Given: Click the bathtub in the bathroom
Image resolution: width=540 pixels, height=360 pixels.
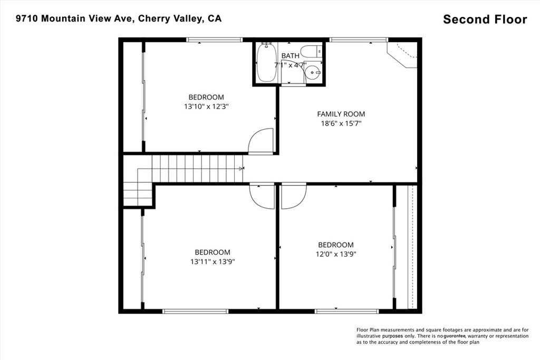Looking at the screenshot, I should [x=266, y=63].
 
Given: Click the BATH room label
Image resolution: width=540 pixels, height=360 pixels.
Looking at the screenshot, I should [x=290, y=56].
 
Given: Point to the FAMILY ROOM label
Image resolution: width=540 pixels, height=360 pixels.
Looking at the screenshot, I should [x=341, y=114].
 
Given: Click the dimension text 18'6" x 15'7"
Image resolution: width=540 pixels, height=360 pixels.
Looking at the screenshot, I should [x=341, y=123].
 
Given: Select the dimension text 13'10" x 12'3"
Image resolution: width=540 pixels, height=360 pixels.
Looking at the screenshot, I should [x=206, y=106].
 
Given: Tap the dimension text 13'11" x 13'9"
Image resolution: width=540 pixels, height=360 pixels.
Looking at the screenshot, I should [x=213, y=261].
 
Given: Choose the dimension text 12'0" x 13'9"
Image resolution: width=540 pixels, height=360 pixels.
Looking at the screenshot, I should [x=335, y=254].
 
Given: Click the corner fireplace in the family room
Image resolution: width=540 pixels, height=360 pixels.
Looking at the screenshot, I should [x=403, y=54].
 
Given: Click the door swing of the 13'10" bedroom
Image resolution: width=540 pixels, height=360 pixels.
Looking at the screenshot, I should [x=261, y=142].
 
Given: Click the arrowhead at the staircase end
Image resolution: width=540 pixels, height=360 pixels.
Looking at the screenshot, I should [x=242, y=169].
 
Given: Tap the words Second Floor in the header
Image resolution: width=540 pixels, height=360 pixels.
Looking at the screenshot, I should [x=485, y=20].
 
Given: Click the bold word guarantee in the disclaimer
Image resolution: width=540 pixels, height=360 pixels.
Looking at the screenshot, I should [x=454, y=336].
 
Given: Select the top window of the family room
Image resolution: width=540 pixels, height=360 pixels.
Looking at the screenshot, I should [x=359, y=40].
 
